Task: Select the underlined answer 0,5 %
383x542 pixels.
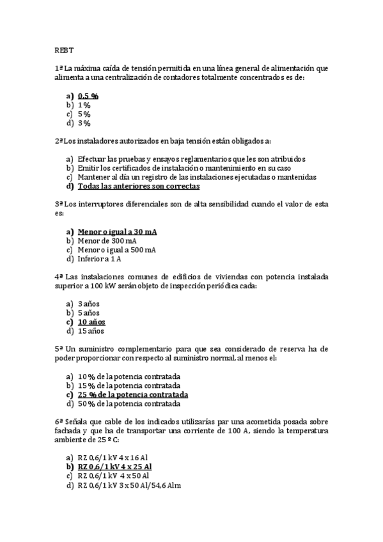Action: (88, 95)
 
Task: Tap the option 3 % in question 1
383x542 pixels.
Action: (84, 123)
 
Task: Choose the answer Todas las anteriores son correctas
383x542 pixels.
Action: (138, 186)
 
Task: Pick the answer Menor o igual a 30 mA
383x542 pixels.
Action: (117, 231)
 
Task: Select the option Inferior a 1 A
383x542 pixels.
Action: (100, 259)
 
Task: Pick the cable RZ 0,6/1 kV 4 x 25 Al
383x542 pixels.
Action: (114, 467)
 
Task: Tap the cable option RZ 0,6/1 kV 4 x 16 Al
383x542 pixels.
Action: (113, 458)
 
